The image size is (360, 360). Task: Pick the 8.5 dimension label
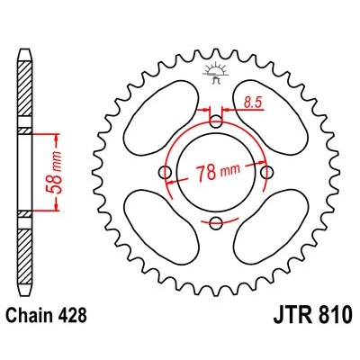tap(255, 104)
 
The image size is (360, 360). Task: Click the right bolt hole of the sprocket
tap(265, 173)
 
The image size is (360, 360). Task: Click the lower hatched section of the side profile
tap(24, 256)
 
